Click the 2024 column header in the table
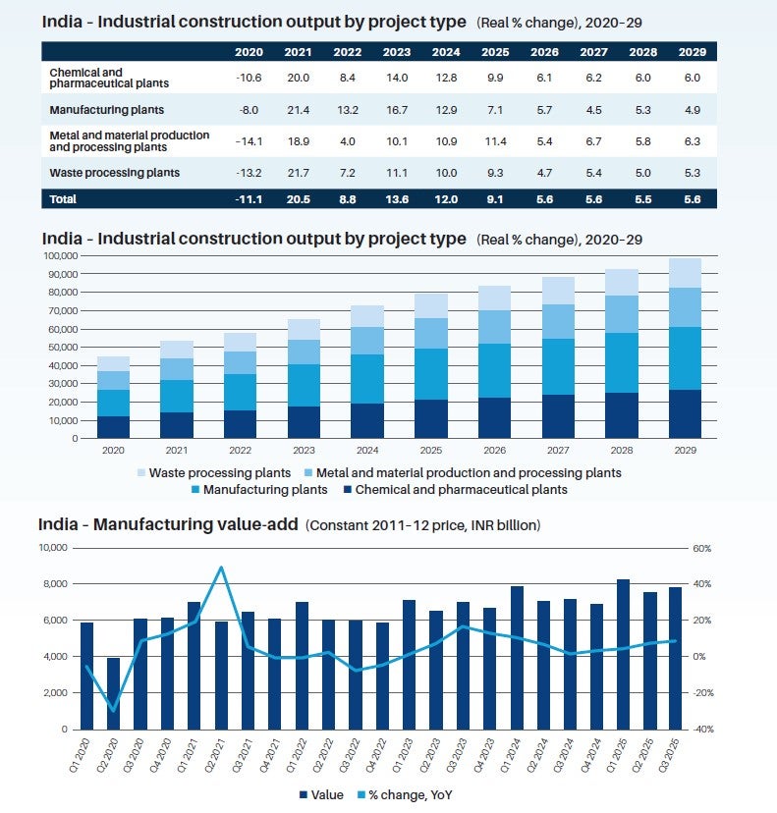pos(446,51)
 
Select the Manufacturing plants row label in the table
pos(107,110)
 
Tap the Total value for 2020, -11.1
pos(250,198)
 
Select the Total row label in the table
pos(63,198)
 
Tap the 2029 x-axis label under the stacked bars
pos(685,451)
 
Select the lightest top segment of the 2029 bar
pos(685,273)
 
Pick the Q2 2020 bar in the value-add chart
pos(114,693)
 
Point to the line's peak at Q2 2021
pos(221,568)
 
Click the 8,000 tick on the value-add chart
pos(54,584)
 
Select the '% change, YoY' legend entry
pos(413,794)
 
